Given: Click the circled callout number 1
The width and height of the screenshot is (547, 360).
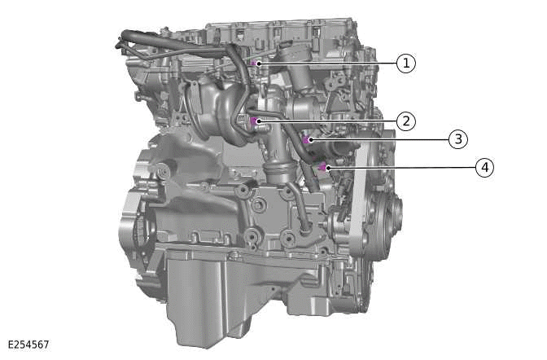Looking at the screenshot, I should click(405, 63).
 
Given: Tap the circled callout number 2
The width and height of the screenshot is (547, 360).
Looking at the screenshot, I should click(405, 121).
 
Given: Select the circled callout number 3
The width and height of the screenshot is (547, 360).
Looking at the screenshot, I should click(458, 139).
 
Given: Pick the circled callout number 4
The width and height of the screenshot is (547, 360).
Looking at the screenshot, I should click(484, 168).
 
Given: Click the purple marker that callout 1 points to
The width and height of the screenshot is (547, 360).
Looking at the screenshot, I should click(256, 63).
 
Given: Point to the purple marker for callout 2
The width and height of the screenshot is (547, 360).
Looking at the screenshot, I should click(256, 121).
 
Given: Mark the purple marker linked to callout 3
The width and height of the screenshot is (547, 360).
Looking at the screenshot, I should click(307, 140).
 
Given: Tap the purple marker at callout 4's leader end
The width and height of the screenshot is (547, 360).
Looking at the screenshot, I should click(322, 167).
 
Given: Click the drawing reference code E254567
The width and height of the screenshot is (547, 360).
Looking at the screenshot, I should click(29, 345).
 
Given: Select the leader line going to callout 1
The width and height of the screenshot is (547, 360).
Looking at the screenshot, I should click(326, 63).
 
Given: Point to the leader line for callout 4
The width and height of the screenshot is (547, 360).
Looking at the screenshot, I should click(399, 168).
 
